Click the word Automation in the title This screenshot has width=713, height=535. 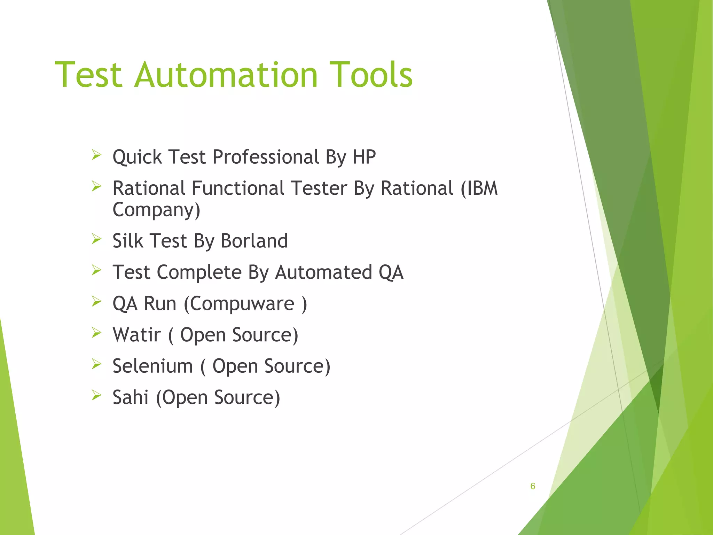226,75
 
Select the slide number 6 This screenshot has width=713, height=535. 533,486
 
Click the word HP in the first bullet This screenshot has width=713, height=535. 364,157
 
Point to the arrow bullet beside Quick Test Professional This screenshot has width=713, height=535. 96,155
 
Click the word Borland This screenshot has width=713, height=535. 254,241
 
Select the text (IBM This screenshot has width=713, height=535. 479,188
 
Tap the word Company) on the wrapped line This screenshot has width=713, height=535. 156,210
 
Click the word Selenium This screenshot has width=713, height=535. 152,366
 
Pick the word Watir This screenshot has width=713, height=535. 137,335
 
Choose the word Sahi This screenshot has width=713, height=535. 131,397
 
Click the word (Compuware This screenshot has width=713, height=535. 239,304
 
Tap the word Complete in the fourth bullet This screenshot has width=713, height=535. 199,272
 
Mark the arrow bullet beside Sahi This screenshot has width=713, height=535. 96,395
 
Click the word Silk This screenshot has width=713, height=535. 128,241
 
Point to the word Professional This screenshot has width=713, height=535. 266,157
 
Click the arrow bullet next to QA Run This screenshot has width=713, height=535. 96,301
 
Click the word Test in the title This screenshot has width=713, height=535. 88,75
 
